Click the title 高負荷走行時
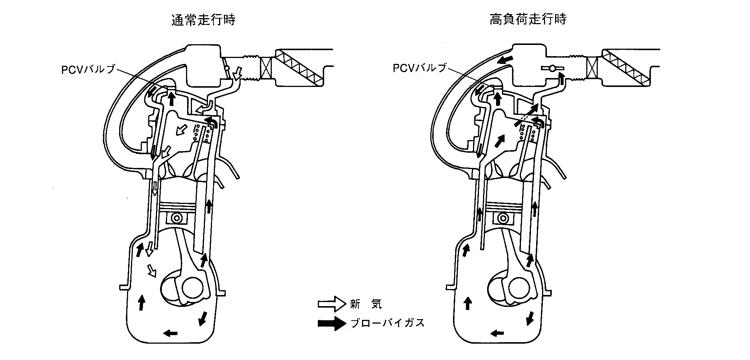(x=528, y=20)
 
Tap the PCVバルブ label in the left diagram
(x=88, y=69)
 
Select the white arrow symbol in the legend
(x=331, y=304)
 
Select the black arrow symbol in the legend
(x=331, y=323)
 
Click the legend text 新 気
(x=365, y=304)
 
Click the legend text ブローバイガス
(x=387, y=323)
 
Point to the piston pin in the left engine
(x=178, y=218)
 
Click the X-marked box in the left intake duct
(x=266, y=69)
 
